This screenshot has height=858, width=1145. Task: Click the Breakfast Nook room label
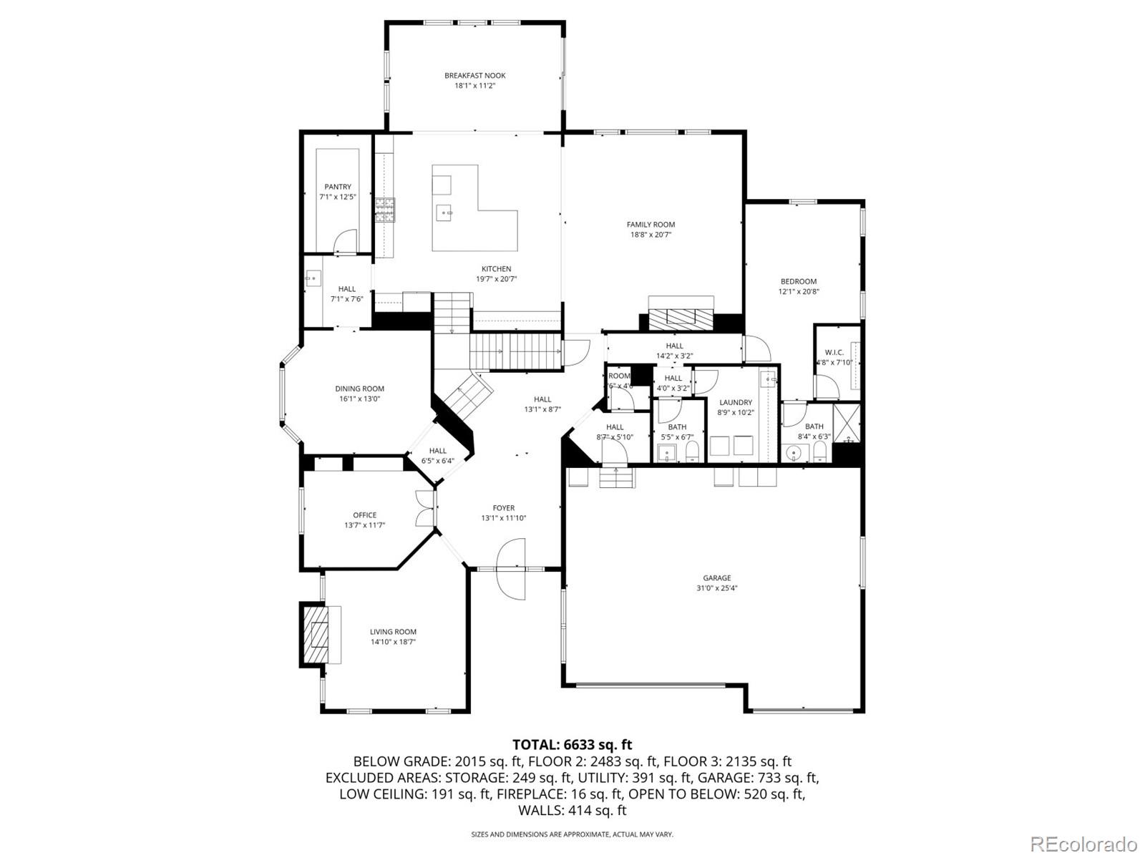coord(474,75)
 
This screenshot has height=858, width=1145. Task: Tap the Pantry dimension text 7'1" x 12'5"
coord(337,197)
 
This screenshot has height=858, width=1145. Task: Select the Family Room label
coord(651,225)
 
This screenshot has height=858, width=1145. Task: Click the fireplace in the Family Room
coord(681,316)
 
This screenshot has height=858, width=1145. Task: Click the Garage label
coord(716,578)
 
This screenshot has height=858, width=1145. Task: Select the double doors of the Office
coord(424,508)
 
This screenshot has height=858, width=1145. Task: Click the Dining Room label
coord(359,389)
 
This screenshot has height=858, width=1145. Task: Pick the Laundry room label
coord(735,403)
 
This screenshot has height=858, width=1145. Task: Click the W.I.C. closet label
coord(834,353)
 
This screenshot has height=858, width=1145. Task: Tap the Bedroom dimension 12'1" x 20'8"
coord(798,292)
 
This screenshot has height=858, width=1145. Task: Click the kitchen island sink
coord(445,211)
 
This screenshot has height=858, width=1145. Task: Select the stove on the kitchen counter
coord(384,210)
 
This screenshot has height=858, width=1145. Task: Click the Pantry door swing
coord(346,241)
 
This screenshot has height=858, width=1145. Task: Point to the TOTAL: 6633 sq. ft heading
coord(572,745)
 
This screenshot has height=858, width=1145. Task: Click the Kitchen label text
coord(496,269)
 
